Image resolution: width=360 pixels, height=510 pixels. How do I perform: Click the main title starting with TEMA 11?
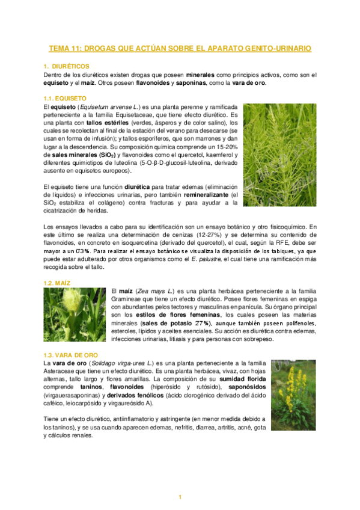coord(180,48)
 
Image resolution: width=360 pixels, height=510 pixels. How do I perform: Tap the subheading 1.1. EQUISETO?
coord(65,97)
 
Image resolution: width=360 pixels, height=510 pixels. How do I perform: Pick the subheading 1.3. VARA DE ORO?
coord(70,355)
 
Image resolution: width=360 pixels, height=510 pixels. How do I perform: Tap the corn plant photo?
coord(75,315)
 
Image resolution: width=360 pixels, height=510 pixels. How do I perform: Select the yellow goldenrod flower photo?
coord(293,395)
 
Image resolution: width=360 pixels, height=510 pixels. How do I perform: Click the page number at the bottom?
coord(180,496)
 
